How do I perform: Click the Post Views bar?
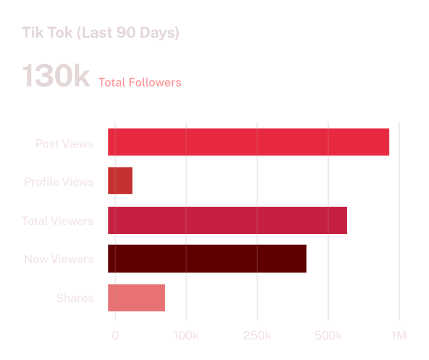(x=249, y=142)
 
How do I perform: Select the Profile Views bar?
(x=120, y=181)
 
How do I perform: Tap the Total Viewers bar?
(x=227, y=220)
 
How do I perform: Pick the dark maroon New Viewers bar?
(x=207, y=258)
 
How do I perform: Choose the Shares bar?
(x=136, y=297)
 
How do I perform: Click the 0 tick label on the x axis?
(x=116, y=336)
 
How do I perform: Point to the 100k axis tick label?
(x=186, y=336)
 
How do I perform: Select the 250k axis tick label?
(x=257, y=336)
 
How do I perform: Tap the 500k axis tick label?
(x=328, y=336)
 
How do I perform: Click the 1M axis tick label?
(x=399, y=336)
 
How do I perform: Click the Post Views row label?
(x=64, y=143)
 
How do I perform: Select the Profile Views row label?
(x=59, y=182)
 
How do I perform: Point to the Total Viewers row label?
(x=58, y=221)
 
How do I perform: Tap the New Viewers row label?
(x=59, y=260)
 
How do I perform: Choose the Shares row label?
(x=75, y=298)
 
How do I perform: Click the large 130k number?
(x=56, y=76)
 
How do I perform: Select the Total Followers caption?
(x=140, y=83)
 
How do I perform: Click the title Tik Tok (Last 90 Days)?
(x=101, y=33)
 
